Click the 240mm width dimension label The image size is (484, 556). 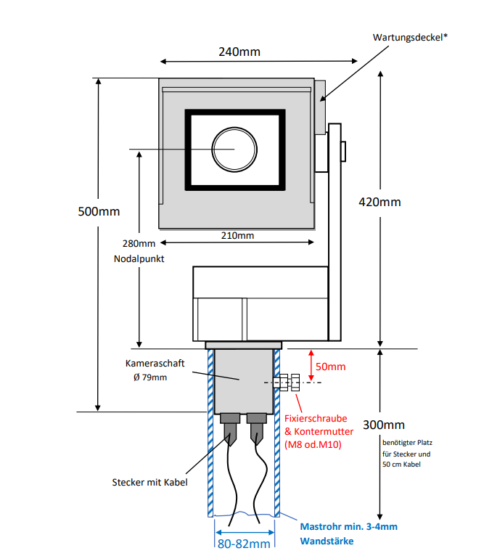coord(239,52)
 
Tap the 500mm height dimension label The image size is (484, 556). coord(99,212)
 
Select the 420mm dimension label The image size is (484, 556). coord(380,203)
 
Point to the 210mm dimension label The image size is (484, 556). coord(237,235)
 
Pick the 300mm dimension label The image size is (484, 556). coord(383,425)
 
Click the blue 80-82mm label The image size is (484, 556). coord(244,543)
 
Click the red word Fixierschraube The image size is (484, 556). coord(315,419)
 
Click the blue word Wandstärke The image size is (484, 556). coord(327,541)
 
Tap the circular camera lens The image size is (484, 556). coord(234,148)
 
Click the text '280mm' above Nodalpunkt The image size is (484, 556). coord(139,245)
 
